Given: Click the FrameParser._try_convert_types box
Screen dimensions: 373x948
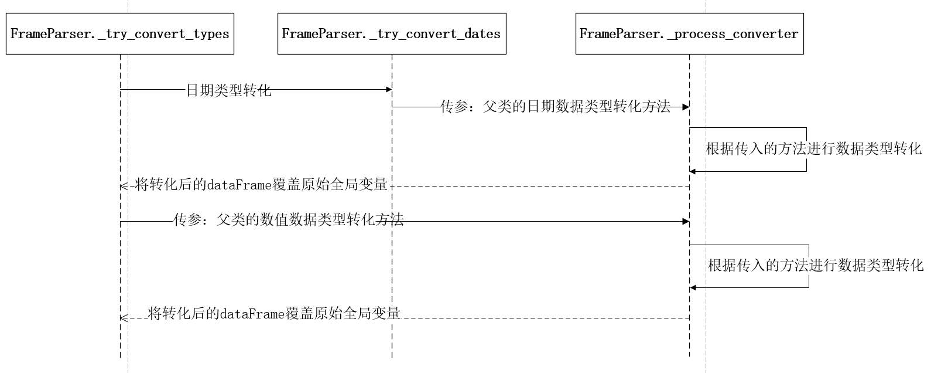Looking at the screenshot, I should coord(119,33).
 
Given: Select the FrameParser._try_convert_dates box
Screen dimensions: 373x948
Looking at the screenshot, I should coord(391,33).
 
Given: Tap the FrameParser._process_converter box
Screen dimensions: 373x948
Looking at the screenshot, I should coord(689,33).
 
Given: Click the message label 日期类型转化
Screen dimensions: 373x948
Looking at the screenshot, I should coord(228,90).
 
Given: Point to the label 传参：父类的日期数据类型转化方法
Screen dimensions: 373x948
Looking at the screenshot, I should coord(555,107).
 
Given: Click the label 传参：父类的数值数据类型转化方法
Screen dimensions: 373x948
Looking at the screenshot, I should coord(289,221).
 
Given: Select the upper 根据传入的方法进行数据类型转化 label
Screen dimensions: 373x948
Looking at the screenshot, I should coord(813,149).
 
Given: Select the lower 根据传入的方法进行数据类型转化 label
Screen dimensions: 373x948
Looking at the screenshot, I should coord(816,266).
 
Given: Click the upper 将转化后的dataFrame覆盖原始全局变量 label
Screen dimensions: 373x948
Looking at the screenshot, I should coord(261,185).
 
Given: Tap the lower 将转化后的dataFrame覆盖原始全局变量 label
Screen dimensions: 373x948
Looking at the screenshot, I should coord(274,313).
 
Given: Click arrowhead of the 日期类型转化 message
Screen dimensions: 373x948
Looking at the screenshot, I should coord(388,89).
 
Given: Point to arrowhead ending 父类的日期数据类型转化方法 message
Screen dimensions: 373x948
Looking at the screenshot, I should coord(686,107).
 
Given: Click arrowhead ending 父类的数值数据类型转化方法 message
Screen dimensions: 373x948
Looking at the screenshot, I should coord(686,221).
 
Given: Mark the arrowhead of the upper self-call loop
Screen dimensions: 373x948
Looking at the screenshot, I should coord(693,171).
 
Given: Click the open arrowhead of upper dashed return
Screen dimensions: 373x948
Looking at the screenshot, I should coord(123,186).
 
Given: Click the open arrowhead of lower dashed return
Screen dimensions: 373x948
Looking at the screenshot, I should coord(123,318).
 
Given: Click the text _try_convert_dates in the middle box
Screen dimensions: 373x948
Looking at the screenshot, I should coord(435,34).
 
